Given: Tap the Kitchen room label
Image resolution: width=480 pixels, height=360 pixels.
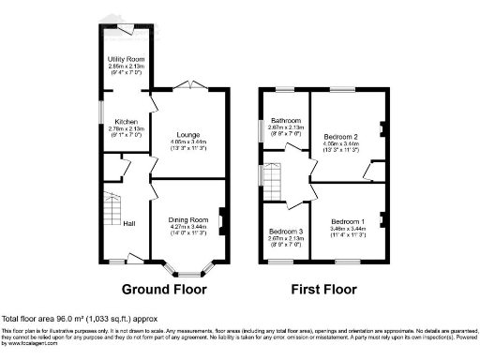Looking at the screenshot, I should [x=127, y=122].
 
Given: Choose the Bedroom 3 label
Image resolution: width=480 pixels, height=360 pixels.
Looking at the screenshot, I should [x=285, y=231].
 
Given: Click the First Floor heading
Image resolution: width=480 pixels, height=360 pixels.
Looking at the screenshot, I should [x=323, y=291].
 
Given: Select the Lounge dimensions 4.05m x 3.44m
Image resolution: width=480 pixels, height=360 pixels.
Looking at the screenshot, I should [x=189, y=141].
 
